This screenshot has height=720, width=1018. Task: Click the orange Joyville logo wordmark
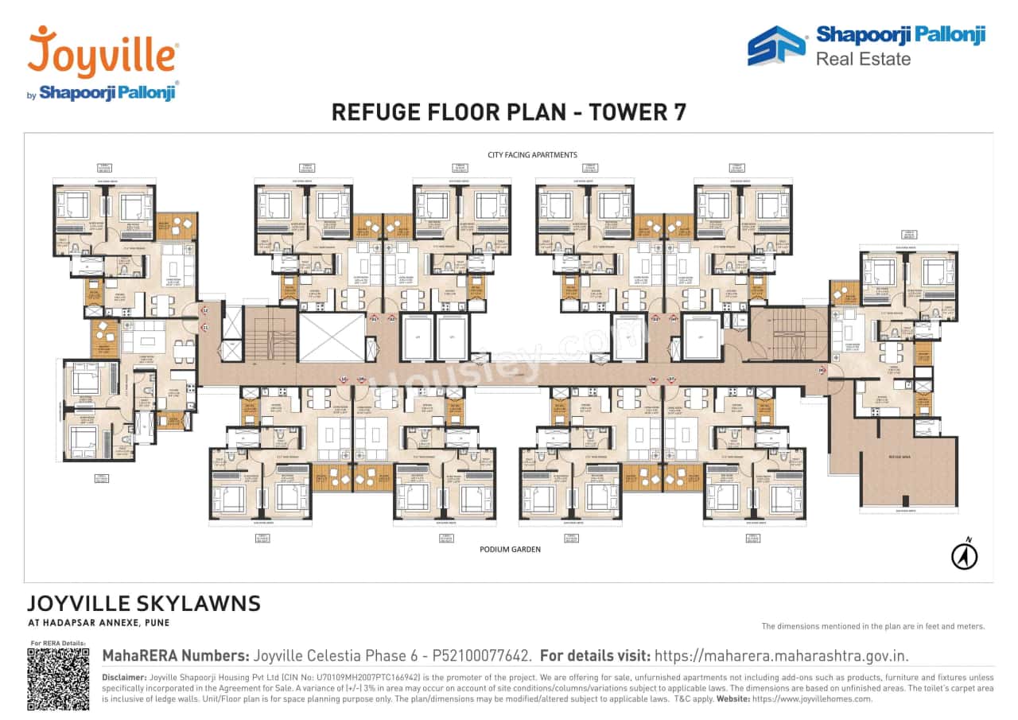click(x=103, y=53)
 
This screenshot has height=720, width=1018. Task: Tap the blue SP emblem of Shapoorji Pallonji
click(x=775, y=46)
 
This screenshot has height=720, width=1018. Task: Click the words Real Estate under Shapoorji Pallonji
click(x=863, y=58)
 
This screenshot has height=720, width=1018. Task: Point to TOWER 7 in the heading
click(x=636, y=112)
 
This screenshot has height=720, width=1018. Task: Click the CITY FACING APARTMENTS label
click(x=532, y=154)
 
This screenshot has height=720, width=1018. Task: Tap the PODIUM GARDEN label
click(x=510, y=549)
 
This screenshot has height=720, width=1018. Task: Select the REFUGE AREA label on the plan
click(x=905, y=457)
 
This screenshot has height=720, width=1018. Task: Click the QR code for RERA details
click(x=58, y=679)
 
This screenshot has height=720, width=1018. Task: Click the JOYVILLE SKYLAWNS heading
click(x=144, y=603)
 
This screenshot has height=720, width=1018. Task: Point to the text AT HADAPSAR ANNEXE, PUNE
click(x=99, y=623)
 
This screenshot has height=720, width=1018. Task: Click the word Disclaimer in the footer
click(x=124, y=677)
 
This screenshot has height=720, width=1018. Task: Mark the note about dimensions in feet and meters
click(x=872, y=626)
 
